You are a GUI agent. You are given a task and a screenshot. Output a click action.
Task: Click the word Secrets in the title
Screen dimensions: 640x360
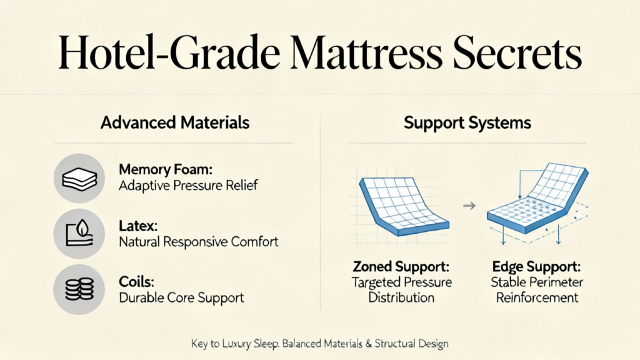517,52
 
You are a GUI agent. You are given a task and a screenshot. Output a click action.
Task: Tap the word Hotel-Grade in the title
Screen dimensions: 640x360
169,52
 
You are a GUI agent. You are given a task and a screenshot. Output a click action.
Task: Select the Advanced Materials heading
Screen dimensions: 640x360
175,122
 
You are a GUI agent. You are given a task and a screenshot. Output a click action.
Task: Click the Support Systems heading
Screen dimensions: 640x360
467,123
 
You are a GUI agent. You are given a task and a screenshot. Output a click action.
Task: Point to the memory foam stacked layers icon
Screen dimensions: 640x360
79,178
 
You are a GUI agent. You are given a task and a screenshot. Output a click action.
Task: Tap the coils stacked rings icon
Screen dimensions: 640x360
79,289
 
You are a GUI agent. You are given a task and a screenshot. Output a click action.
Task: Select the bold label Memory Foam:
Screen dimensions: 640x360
166,169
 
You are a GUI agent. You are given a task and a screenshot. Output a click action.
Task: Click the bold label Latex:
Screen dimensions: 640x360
138,226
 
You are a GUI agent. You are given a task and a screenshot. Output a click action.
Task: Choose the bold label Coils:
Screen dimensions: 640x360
136,282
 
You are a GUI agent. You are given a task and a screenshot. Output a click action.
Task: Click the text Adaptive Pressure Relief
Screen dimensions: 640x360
188,185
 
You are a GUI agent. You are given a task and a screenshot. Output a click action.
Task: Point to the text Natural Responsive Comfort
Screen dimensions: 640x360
198,242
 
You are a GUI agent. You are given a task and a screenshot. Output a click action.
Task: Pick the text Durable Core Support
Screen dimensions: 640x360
181,297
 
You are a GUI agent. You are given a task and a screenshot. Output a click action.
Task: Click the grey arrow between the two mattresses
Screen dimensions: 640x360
469,206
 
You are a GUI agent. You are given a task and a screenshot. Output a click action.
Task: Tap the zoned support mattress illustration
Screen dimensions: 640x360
404,206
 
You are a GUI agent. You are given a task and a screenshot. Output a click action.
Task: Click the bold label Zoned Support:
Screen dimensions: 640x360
401,266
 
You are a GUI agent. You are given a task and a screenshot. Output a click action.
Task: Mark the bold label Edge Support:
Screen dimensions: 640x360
536,266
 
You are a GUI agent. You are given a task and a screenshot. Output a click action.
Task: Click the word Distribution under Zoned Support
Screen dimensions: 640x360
401,297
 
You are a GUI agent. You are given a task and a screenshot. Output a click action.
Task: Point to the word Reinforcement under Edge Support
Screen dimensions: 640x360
537,297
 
